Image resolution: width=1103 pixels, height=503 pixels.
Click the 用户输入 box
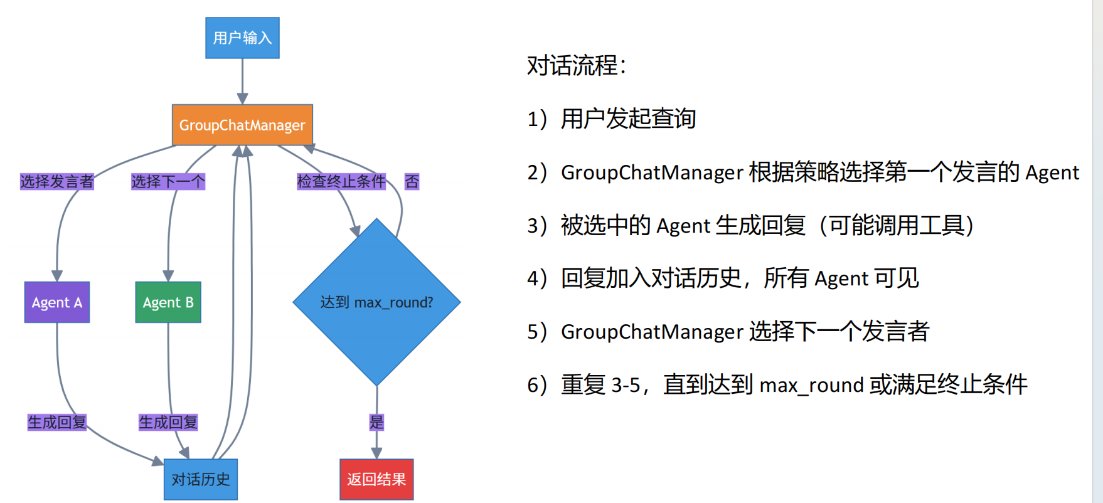click(x=242, y=38)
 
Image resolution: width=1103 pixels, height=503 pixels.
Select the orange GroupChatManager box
click(x=242, y=125)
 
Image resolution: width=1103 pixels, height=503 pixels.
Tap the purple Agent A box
click(x=57, y=302)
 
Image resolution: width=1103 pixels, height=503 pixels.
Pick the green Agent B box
click(x=168, y=302)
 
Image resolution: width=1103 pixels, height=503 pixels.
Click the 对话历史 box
click(x=201, y=479)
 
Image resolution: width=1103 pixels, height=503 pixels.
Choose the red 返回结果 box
click(x=376, y=479)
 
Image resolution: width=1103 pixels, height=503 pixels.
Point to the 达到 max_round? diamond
click(x=376, y=302)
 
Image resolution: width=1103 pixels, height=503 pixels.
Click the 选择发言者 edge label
click(x=56, y=182)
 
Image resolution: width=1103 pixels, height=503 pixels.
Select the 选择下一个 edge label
click(x=168, y=182)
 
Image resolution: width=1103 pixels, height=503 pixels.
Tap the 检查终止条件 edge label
click(x=341, y=182)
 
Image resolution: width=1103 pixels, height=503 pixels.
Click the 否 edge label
click(x=412, y=182)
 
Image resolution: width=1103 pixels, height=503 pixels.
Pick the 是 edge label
click(x=376, y=422)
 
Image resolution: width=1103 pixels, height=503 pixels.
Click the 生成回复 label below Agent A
click(x=57, y=422)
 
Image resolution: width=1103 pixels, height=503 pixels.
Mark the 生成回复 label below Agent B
click(x=168, y=422)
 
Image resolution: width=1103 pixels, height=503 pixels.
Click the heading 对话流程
click(x=576, y=65)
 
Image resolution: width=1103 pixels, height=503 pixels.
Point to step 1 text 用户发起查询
click(x=628, y=119)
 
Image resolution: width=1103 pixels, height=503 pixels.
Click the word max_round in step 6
click(x=811, y=385)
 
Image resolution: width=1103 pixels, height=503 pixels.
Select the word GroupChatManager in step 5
click(x=652, y=332)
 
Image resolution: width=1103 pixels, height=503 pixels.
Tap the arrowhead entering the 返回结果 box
click(x=376, y=453)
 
